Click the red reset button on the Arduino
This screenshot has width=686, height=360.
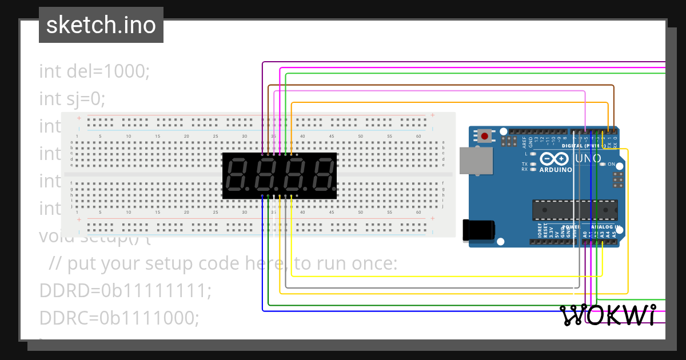pos(485,136)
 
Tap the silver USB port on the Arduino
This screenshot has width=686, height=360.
pos(476,160)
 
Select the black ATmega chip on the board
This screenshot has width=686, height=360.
pos(575,210)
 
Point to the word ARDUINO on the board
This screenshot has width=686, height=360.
pos(556,170)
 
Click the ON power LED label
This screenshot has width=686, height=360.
pos(611,165)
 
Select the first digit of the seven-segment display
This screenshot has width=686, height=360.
pos(237,175)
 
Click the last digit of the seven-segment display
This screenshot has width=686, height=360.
pos(323,175)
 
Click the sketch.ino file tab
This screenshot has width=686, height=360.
pos(101,25)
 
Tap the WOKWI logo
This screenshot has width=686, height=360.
pos(607,315)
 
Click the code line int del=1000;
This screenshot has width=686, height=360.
pos(94,71)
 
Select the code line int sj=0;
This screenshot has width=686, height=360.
pos(73,99)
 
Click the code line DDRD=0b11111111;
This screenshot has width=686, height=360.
pos(125,291)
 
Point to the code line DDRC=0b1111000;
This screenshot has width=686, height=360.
pos(119,318)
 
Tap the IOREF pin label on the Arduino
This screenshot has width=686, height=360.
pos(539,231)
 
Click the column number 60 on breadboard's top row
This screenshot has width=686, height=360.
pos(418,136)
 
